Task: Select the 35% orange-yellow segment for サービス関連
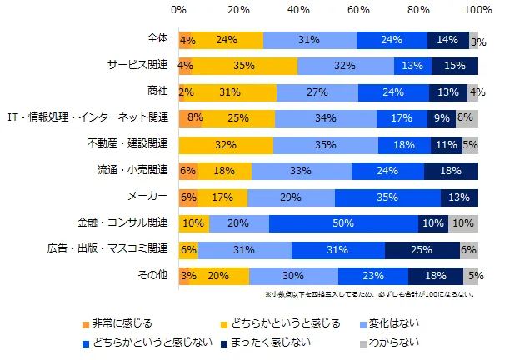244,66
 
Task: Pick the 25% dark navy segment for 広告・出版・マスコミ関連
422,248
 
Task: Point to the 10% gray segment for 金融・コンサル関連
463,222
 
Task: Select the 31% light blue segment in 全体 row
309,40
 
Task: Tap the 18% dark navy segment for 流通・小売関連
451,170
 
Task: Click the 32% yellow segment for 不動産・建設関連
226,144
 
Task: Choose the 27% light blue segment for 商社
317,92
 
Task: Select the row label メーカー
147,197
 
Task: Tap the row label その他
153,275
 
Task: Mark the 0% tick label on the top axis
178,10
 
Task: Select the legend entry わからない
396,341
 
